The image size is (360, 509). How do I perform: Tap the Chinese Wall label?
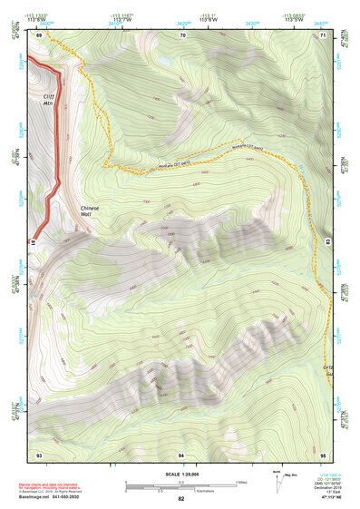click(92, 210)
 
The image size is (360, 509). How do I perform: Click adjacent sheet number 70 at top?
click(182, 35)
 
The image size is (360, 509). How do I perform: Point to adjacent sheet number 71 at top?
click(324, 35)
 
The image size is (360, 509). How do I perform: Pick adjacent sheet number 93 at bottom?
click(39, 454)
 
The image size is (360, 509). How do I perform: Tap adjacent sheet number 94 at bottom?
click(181, 454)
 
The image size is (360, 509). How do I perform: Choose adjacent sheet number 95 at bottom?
click(324, 454)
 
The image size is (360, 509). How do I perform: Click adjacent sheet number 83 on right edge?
click(327, 241)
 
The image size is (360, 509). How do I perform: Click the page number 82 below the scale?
click(181, 499)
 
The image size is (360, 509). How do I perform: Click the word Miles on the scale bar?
click(240, 481)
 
